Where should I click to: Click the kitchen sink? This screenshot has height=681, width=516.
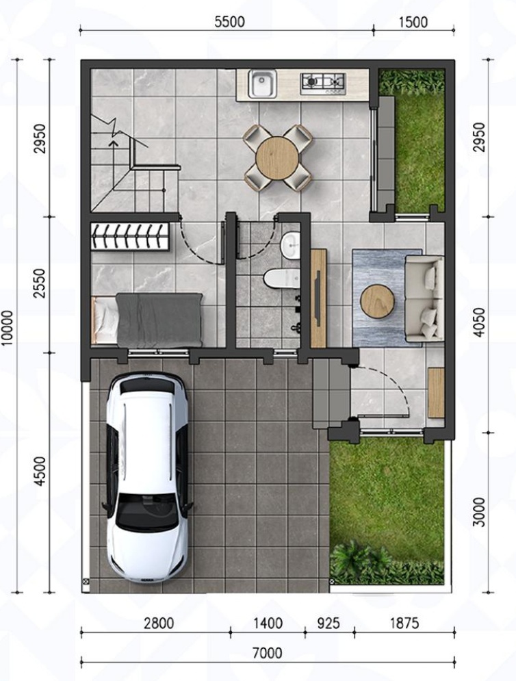[x=262, y=83]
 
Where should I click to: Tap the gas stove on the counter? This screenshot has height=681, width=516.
[x=323, y=83]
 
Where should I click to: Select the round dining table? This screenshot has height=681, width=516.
[x=278, y=157]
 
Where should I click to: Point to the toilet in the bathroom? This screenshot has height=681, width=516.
[x=281, y=279]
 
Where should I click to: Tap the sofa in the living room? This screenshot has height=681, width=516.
[x=424, y=298]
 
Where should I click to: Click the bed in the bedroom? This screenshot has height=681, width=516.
[x=147, y=320]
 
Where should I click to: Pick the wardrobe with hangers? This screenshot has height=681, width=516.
[x=129, y=237]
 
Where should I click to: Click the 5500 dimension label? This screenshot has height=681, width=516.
[x=229, y=22]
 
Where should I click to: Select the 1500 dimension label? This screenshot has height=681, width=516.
[x=413, y=22]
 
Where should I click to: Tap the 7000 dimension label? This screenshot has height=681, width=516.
[x=267, y=653]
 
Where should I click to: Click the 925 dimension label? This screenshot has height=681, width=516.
[x=328, y=624]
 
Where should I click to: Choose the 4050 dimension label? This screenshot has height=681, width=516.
[x=479, y=322]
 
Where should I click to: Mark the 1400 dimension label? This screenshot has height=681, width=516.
[x=268, y=624]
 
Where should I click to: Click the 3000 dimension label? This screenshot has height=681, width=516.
[x=478, y=512]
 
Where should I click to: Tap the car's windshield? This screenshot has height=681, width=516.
[x=148, y=513]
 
